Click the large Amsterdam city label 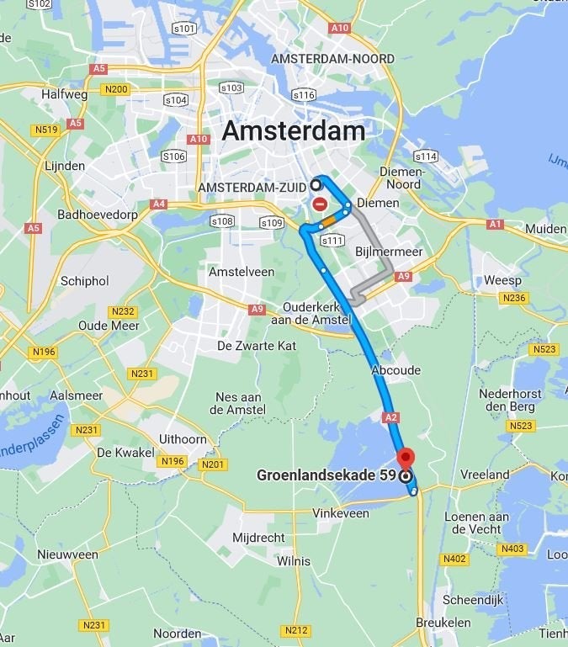point(293,131)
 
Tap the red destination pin point(406,459)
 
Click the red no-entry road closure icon point(320,204)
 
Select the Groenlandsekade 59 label point(326,475)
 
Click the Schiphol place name point(85,280)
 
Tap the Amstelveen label point(242,272)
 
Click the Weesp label point(502,280)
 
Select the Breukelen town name point(443,623)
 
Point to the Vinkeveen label point(341,512)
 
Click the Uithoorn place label point(183,438)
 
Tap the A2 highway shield point(390,417)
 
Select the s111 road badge point(333,241)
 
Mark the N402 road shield point(455,559)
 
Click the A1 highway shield point(495,224)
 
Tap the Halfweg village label point(65,95)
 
